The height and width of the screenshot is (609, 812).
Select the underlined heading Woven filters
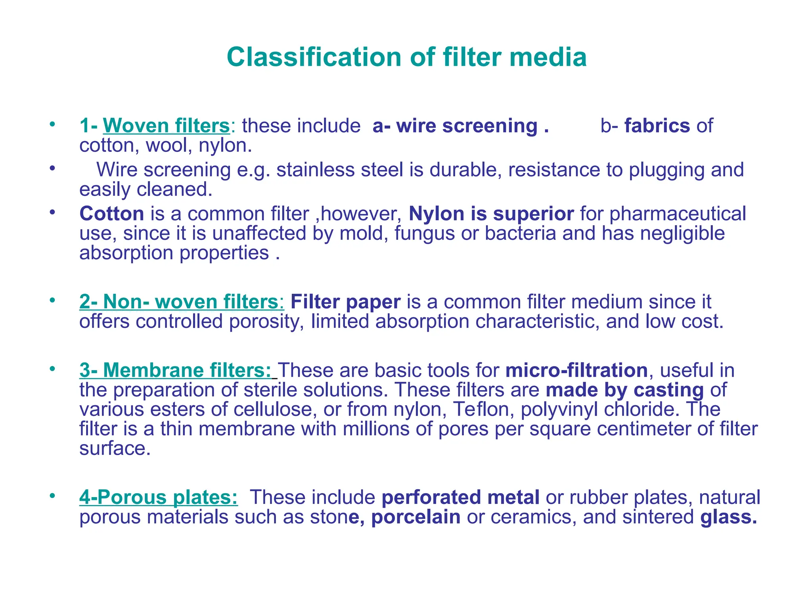pos(167,126)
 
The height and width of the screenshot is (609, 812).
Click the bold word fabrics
pos(657,126)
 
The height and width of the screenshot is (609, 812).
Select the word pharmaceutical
pos(678,214)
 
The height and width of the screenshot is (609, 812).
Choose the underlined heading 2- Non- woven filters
pos(182,302)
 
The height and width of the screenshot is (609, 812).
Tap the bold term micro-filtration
pos(576,370)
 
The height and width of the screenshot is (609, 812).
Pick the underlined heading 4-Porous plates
pos(159,497)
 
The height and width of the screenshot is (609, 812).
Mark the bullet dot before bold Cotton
pos(52,212)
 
